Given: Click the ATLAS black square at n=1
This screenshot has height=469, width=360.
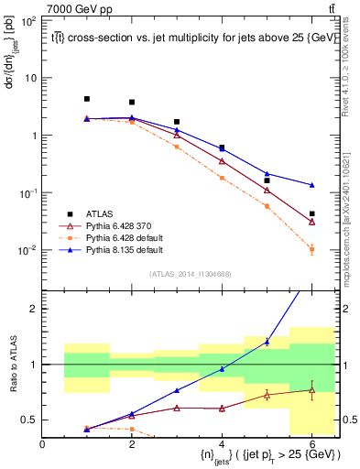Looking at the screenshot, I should click(87, 99).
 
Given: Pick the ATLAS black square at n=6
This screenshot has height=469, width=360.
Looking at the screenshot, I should click(312, 214).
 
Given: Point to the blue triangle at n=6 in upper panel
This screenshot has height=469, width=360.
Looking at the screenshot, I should click(312, 185).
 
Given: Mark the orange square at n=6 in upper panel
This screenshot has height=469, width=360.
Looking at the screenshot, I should click(312, 249).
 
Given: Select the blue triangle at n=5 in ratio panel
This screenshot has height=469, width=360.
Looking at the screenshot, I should click(267, 341).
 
